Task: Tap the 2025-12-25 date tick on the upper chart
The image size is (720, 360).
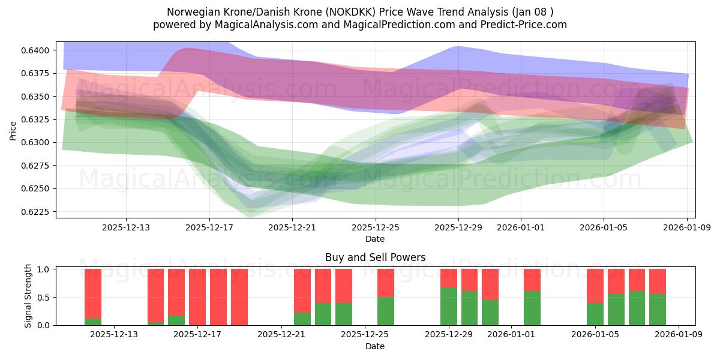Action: [x=376, y=227]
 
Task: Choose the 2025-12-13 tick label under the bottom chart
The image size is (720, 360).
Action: [x=114, y=335]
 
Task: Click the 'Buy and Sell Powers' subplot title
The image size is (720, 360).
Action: [x=375, y=257]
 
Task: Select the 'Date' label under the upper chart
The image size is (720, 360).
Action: [x=375, y=239]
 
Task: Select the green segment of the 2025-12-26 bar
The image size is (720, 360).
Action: [x=386, y=311]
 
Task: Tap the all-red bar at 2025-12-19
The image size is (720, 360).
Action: [x=239, y=297]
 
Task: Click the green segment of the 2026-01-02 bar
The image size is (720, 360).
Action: [x=532, y=308]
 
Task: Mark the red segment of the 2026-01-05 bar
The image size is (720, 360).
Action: [x=595, y=286]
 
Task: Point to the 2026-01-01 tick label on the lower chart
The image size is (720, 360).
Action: [x=512, y=335]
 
